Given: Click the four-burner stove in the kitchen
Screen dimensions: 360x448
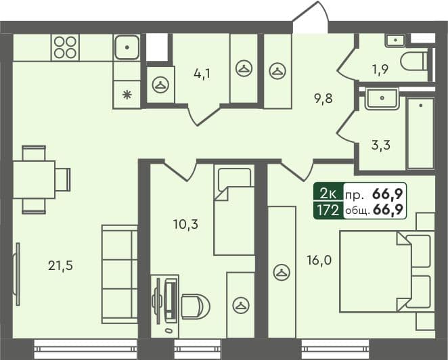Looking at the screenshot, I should (65, 47).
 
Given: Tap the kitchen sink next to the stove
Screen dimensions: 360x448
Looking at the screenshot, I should (127, 47).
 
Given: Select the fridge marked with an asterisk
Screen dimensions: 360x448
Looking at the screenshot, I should (127, 95).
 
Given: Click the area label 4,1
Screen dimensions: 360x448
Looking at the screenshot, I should (201, 74).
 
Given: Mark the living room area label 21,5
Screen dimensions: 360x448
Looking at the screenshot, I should (60, 265).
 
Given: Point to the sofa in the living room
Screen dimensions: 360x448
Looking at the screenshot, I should (120, 273).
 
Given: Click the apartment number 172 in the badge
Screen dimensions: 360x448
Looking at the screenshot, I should (328, 210).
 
